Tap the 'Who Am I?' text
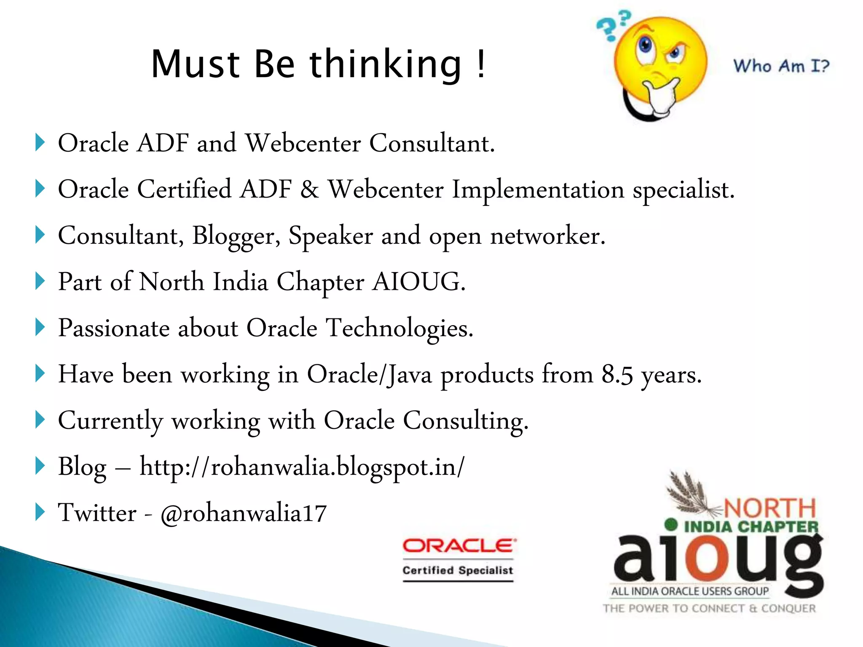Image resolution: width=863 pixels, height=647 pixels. (781, 66)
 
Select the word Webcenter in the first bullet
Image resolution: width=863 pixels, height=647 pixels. (303, 143)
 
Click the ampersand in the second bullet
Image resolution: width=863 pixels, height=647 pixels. (310, 189)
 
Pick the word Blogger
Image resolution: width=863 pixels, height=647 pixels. (236, 236)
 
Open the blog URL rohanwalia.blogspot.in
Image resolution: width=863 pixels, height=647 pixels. (302, 467)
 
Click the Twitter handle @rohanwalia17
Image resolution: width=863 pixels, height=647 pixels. (243, 513)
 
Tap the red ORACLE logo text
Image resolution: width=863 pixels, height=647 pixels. (458, 546)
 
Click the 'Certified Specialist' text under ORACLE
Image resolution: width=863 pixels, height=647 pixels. (458, 570)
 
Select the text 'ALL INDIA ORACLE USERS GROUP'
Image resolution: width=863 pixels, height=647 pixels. (690, 591)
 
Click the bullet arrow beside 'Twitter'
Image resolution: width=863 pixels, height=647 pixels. (40, 512)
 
